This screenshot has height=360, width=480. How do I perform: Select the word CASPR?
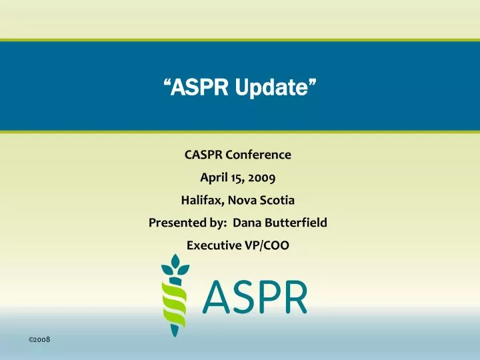click(203, 155)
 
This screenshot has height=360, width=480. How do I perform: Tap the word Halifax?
click(202, 200)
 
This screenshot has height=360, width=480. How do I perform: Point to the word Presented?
click(175, 223)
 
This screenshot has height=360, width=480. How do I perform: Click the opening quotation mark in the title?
click(168, 83)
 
